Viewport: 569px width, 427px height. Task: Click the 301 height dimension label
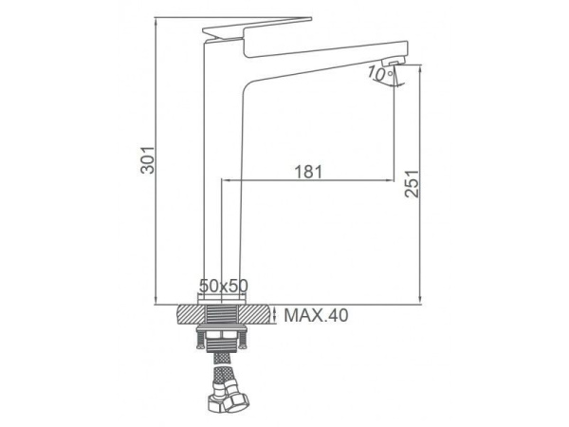[148, 160]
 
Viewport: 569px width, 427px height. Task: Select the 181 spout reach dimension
[308, 172]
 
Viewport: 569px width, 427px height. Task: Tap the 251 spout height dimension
[412, 184]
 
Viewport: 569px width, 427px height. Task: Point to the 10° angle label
[379, 74]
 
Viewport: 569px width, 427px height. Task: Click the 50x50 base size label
[224, 286]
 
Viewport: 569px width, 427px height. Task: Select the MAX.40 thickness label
[316, 315]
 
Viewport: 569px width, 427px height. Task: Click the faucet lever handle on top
[258, 28]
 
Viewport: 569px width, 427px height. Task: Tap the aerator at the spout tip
[395, 62]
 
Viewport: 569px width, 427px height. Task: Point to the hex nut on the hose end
[236, 402]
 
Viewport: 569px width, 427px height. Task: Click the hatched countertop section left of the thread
[192, 314]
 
